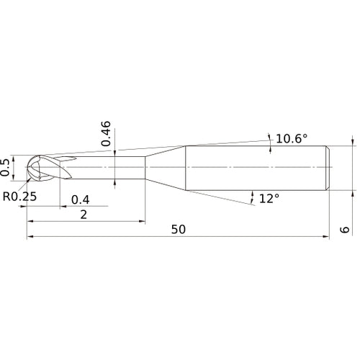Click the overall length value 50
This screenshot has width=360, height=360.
coord(179,228)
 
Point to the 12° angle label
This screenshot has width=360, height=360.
coord(268,197)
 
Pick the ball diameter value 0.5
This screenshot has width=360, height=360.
coord(6,167)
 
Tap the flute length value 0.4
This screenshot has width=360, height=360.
coord(80,199)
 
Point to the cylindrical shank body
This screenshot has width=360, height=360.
coord(256,168)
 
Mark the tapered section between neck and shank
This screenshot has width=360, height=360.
coord(166,168)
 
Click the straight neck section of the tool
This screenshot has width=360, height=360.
coord(108,168)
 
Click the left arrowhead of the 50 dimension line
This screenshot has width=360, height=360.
coord(30,236)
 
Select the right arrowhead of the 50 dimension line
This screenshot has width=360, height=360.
coord(328,236)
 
